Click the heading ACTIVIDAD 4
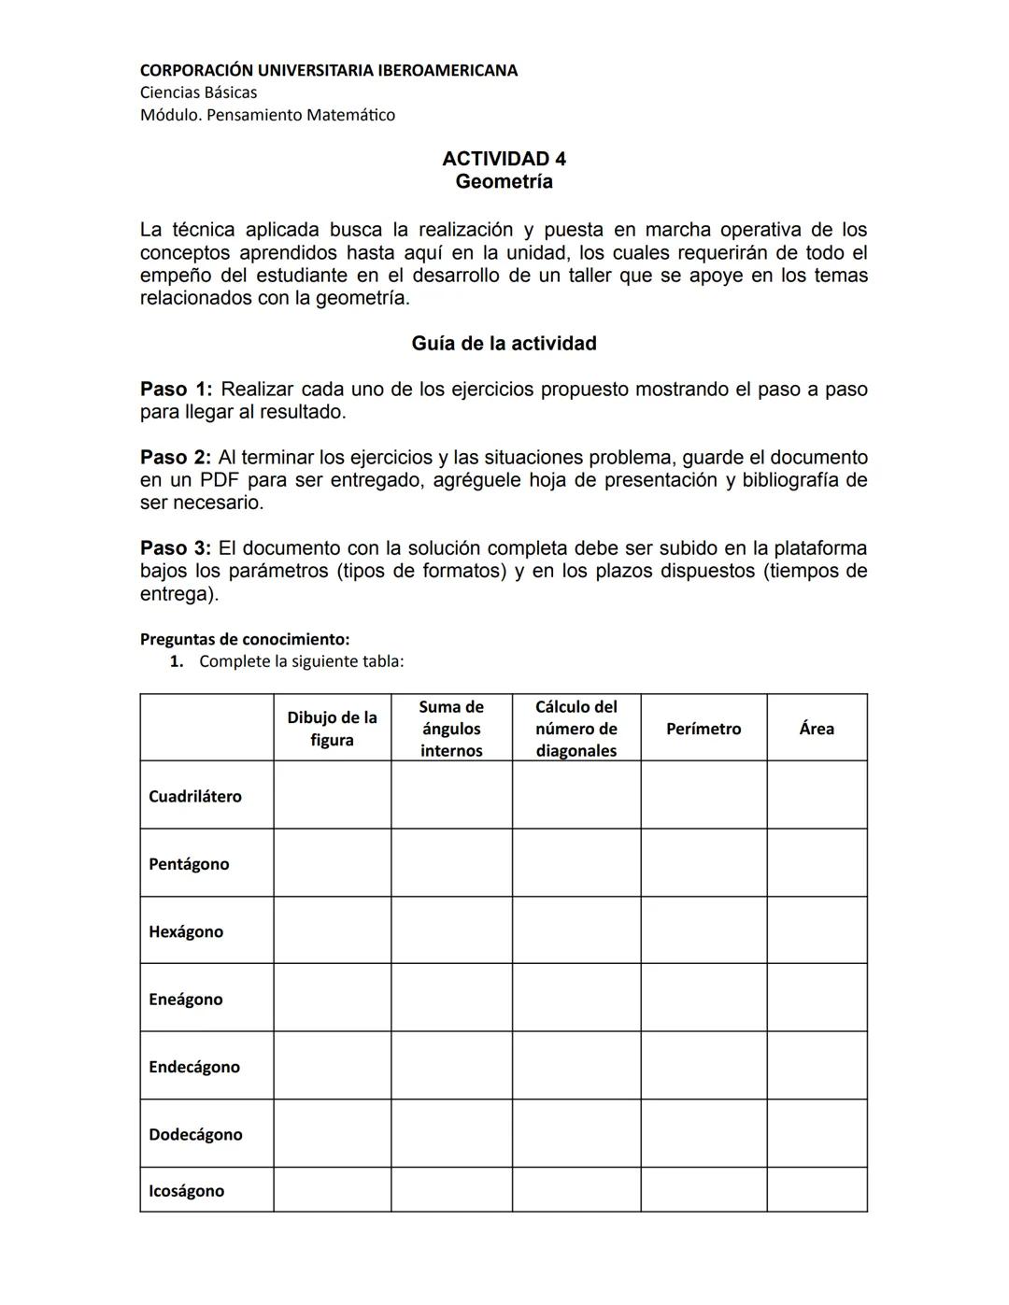pyautogui.click(x=504, y=159)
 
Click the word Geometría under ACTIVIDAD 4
pyautogui.click(x=504, y=182)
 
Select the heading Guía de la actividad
pyautogui.click(x=504, y=344)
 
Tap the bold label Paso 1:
pyautogui.click(x=177, y=390)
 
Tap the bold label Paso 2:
pyautogui.click(x=177, y=458)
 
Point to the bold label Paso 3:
pyautogui.click(x=177, y=548)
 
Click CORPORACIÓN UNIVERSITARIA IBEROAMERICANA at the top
pyautogui.click(x=328, y=70)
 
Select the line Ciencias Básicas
pyautogui.click(x=198, y=92)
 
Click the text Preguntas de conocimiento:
pyautogui.click(x=245, y=640)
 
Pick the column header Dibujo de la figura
pyautogui.click(x=332, y=729)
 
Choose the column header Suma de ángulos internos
pyautogui.click(x=451, y=729)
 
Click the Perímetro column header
pyautogui.click(x=703, y=729)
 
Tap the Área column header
pyautogui.click(x=817, y=729)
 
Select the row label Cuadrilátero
pyautogui.click(x=194, y=797)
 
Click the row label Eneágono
pyautogui.click(x=185, y=1000)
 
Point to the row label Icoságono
pyautogui.click(x=186, y=1191)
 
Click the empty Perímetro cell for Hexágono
pyautogui.click(x=703, y=930)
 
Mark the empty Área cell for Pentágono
pyautogui.click(x=817, y=863)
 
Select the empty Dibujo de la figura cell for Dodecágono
pyautogui.click(x=332, y=1133)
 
